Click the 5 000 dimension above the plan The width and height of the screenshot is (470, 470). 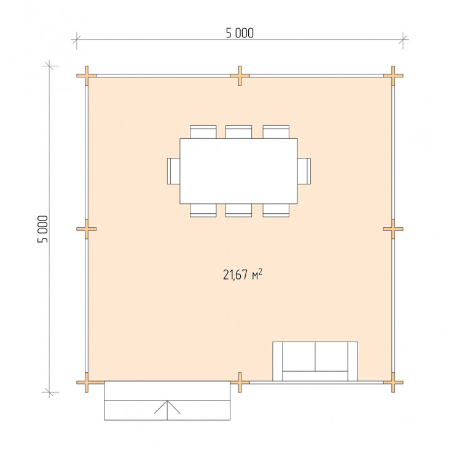tap(240, 33)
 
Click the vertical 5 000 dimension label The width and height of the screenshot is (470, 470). tap(42, 229)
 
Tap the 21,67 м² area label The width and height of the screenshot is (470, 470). tap(243, 274)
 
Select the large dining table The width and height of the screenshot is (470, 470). tap(238, 171)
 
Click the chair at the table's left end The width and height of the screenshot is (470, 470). tap(173, 171)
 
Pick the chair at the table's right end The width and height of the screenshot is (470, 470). tap(304, 171)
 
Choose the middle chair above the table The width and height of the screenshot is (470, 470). tap(238, 132)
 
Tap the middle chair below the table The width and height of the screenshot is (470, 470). tap(238, 210)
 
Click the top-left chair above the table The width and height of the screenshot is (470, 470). tap(203, 132)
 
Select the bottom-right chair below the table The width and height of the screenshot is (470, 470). tap(276, 210)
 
